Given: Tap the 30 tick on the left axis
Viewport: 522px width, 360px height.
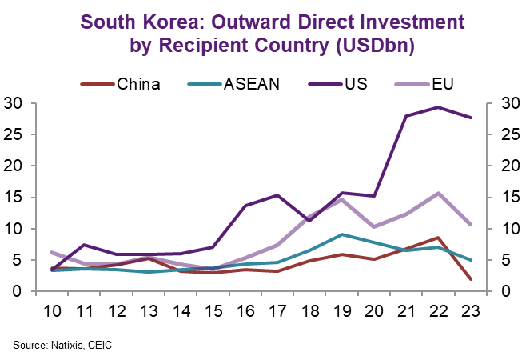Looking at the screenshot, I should tap(13, 103).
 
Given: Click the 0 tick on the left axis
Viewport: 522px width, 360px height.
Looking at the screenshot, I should tap(18, 291).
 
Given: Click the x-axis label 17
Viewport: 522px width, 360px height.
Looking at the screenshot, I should tap(276, 309).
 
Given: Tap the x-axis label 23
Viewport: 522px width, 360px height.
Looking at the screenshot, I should tap(468, 309).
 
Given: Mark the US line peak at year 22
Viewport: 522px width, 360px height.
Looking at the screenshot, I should tap(436, 107).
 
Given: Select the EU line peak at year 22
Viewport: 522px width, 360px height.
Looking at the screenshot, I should tap(436, 193).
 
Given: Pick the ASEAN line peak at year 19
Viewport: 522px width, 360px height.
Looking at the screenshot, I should tap(341, 234).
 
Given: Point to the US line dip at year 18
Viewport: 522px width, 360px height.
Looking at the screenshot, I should tap(309, 221).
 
